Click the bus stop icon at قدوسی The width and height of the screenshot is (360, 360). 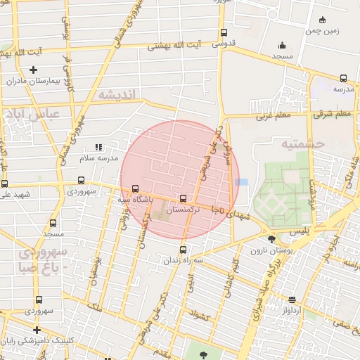[224, 32]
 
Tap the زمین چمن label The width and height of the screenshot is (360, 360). [322, 31]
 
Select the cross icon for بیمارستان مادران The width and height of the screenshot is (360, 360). [33, 70]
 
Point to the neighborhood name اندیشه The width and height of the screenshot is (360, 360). [115, 94]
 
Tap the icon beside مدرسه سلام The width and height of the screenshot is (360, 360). [98, 147]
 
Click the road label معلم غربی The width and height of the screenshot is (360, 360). [273, 115]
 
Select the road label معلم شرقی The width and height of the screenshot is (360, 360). [333, 114]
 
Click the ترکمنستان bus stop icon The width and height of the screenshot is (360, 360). [184, 199]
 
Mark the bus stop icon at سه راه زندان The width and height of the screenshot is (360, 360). [183, 250]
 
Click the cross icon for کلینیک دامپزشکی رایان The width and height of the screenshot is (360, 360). [37, 330]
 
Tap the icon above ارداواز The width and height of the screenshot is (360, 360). [292, 300]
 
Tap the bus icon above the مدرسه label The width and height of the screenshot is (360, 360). [343, 78]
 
